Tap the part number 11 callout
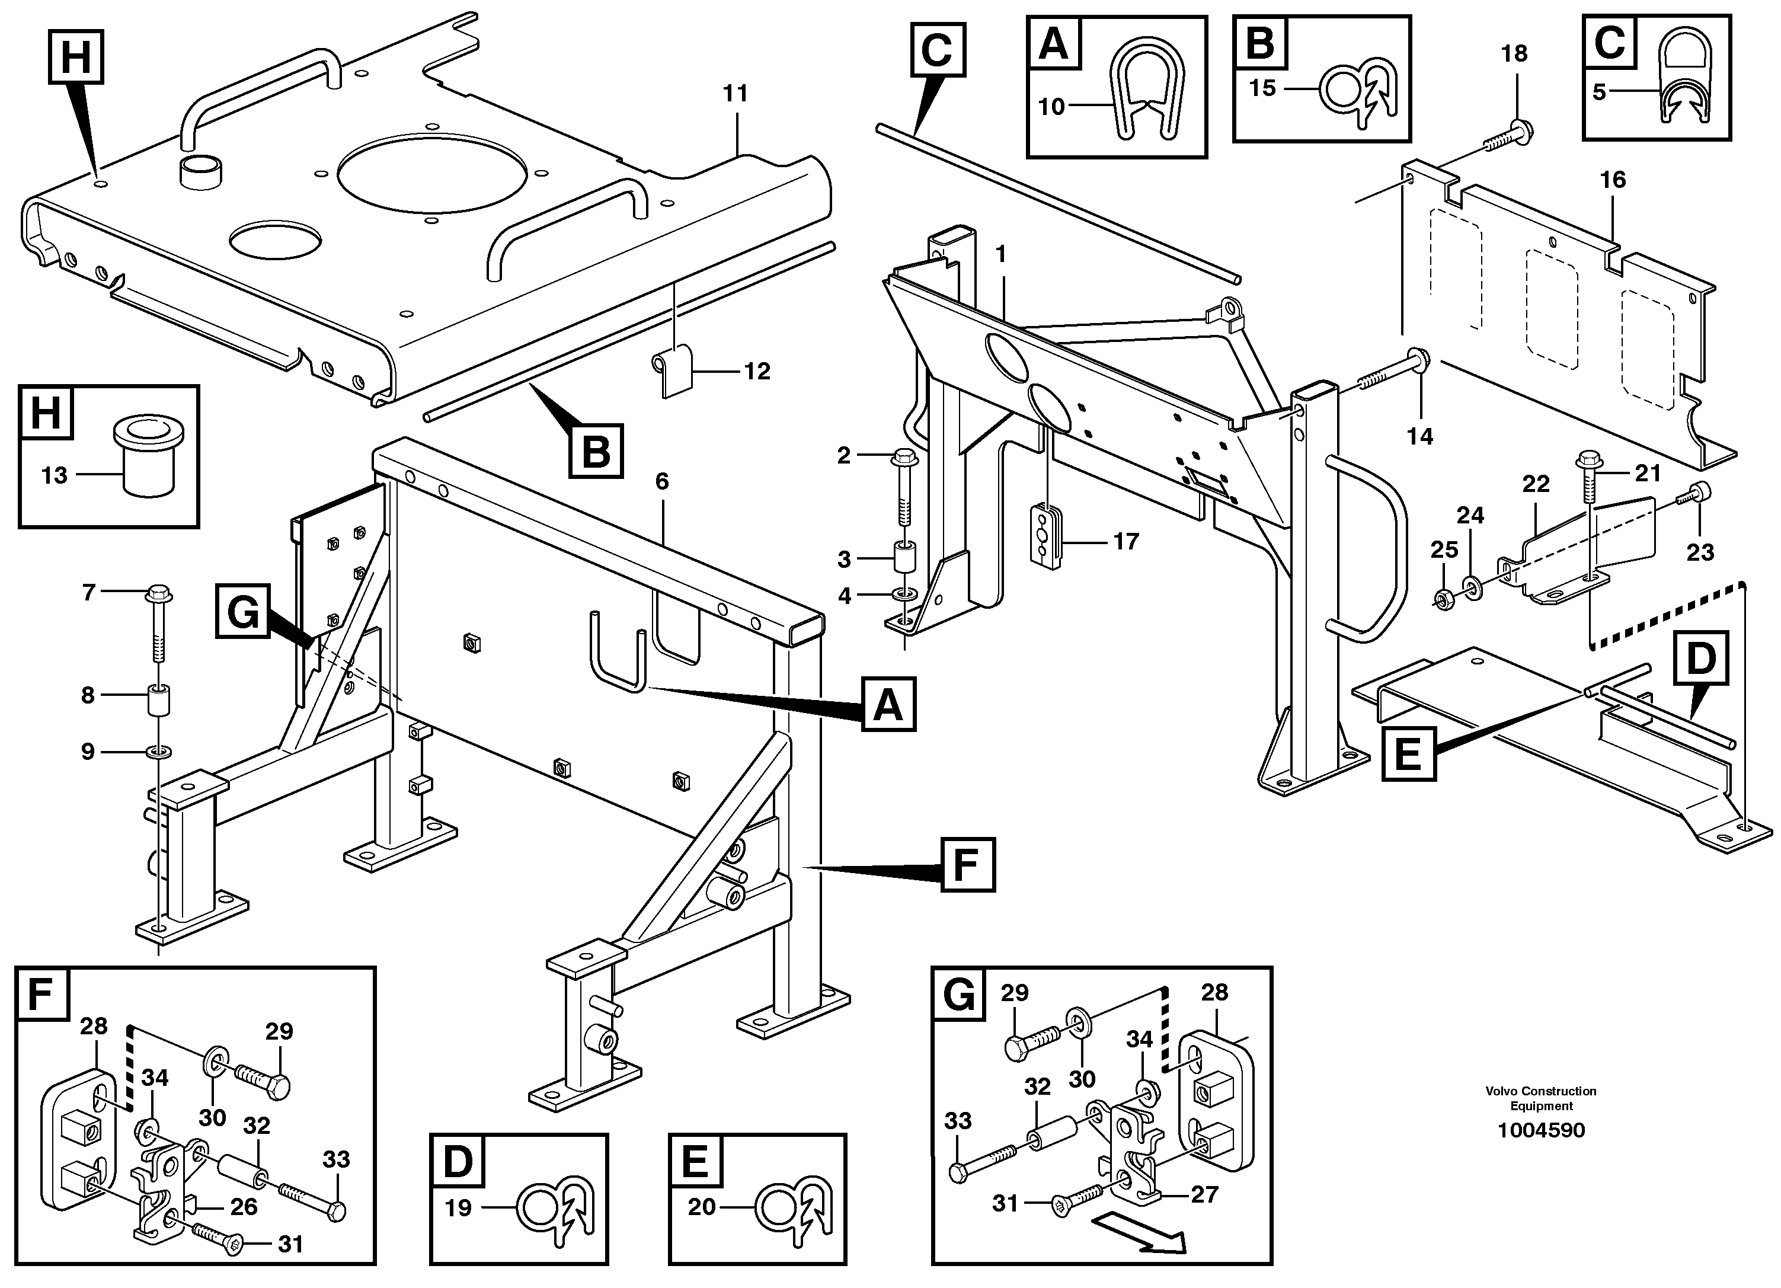[735, 94]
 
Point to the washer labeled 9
[159, 752]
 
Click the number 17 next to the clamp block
[1126, 541]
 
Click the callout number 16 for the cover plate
[1612, 180]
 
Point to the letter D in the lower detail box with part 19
[458, 1162]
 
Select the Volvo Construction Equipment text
[1541, 1098]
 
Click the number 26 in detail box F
[244, 1207]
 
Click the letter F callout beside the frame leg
[967, 865]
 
